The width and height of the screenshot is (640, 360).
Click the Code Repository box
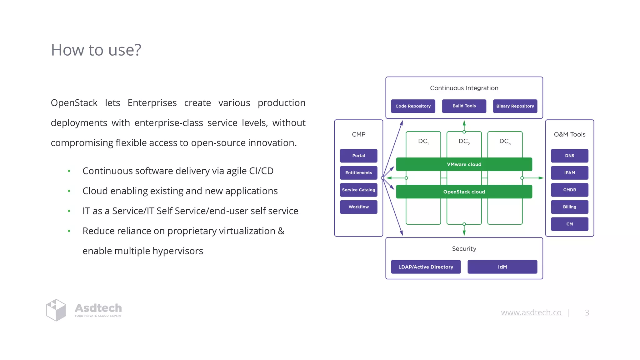tap(413, 106)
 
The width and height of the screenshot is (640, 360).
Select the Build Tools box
tap(464, 106)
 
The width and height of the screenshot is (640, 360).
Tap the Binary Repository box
tap(515, 106)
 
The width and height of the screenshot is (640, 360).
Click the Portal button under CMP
tap(358, 156)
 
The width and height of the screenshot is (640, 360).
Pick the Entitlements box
tap(358, 173)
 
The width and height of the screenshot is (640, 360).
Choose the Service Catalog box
tap(358, 190)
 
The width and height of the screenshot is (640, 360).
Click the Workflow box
tap(358, 207)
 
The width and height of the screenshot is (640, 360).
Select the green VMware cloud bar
tap(464, 164)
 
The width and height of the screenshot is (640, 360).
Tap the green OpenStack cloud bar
tap(464, 192)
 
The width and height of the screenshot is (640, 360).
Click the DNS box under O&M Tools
tap(569, 156)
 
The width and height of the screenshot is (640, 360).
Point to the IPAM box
tap(569, 173)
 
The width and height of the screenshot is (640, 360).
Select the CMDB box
tap(569, 190)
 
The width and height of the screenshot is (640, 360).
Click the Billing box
tap(569, 207)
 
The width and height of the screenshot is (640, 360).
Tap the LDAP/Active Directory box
tap(426, 267)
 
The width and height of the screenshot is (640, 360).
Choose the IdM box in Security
tap(502, 267)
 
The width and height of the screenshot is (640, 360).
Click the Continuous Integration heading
tap(464, 88)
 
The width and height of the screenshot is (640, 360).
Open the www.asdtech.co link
tap(531, 312)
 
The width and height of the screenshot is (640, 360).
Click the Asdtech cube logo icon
tap(56, 310)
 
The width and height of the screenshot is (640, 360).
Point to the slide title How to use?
tap(96, 50)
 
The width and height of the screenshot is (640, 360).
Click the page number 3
tap(587, 312)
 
